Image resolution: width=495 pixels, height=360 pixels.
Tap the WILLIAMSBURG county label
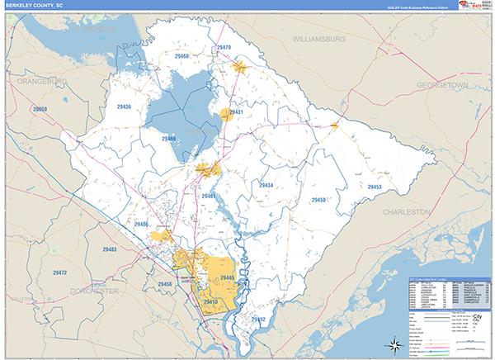(x=329, y=38)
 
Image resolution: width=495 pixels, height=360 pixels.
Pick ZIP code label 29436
(x=124, y=107)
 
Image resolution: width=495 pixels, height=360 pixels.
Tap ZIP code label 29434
(x=266, y=185)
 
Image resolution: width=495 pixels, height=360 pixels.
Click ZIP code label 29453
(x=375, y=187)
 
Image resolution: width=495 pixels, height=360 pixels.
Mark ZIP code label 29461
(x=207, y=196)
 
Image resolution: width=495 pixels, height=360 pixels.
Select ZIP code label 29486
(x=141, y=224)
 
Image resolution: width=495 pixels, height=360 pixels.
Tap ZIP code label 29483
(x=110, y=249)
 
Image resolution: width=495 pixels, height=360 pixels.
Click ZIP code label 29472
(x=59, y=272)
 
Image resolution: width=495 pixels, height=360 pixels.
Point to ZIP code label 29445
(x=228, y=277)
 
